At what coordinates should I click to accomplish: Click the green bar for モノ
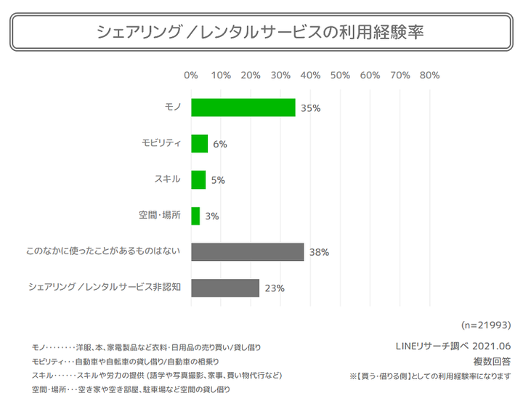coord(243,108)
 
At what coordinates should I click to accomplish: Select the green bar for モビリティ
coord(200,144)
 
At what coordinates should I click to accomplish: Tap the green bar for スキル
coord(198,179)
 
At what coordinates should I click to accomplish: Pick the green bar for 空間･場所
coord(195,216)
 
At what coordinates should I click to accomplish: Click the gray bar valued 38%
coord(248,252)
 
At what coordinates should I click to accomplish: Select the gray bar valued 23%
coord(225,288)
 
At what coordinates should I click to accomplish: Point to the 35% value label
coord(311,108)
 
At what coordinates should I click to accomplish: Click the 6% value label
coord(220,145)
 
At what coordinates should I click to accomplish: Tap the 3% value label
coord(212,216)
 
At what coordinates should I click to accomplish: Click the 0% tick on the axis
coord(191,75)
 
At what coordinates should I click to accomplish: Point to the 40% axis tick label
coord(310,75)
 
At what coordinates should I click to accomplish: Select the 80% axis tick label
coord(429,75)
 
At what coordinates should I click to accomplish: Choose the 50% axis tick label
coord(340,75)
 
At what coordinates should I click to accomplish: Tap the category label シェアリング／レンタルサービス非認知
coord(105,288)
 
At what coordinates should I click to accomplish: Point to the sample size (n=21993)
coord(487,324)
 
